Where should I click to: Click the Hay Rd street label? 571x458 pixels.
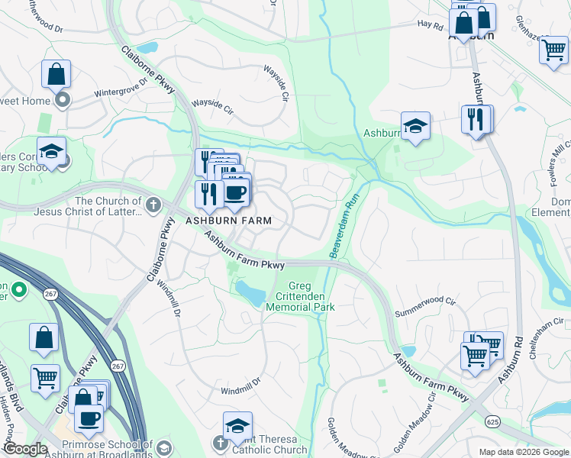click(430, 24)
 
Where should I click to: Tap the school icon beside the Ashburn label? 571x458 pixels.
click(415, 127)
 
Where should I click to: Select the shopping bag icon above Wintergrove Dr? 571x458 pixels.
click(56, 75)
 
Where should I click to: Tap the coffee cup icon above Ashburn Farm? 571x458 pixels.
click(236, 192)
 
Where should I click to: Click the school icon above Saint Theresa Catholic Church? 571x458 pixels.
click(237, 426)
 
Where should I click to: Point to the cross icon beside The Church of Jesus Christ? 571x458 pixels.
click(153, 205)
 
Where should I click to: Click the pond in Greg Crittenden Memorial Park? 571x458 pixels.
click(250, 290)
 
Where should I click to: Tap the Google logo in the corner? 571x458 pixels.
click(25, 449)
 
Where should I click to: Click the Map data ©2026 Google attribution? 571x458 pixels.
click(524, 452)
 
